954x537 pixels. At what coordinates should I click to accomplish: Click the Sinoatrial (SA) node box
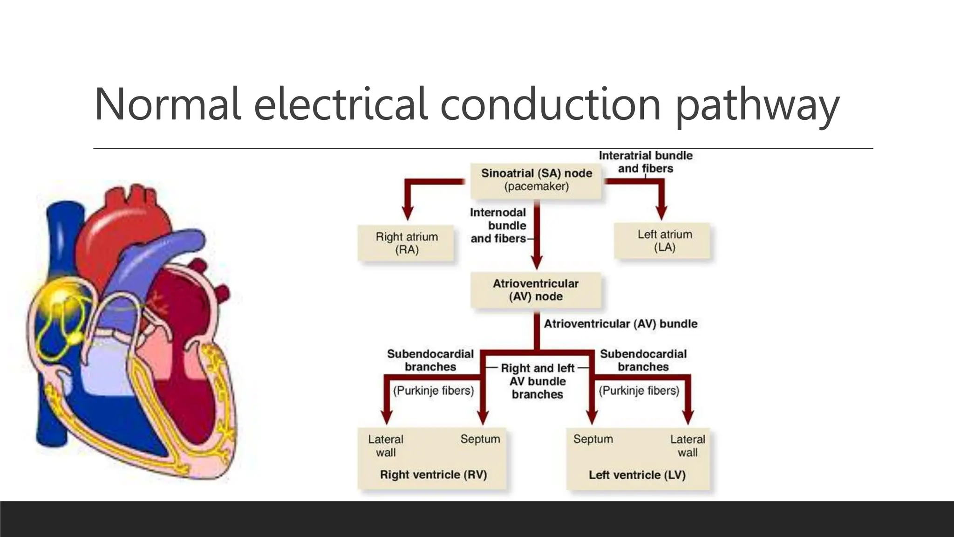(536, 180)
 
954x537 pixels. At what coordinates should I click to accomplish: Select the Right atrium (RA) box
(407, 243)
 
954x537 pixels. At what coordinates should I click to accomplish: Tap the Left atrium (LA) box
(664, 241)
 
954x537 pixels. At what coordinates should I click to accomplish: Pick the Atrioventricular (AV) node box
(536, 290)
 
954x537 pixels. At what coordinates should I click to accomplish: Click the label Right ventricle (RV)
(433, 475)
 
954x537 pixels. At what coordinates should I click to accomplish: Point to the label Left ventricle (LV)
(637, 475)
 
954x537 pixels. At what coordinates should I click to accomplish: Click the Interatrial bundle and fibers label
(645, 162)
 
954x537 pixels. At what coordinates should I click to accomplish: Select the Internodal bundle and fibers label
(498, 226)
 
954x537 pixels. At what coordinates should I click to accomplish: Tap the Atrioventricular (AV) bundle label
(620, 324)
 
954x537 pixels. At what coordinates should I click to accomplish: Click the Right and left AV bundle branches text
(537, 381)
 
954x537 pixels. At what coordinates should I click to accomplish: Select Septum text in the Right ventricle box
(480, 439)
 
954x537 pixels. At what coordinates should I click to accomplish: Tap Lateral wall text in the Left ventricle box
(687, 446)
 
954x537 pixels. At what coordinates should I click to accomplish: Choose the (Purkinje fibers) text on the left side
(433, 390)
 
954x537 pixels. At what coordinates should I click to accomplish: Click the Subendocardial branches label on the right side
(643, 360)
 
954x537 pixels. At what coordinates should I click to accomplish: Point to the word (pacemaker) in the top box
(536, 186)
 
